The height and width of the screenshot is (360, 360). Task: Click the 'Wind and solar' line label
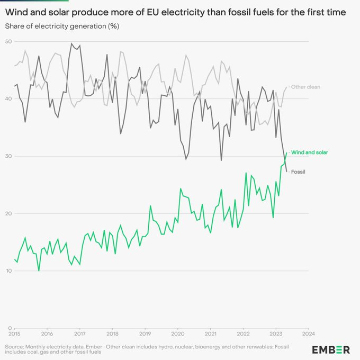310,152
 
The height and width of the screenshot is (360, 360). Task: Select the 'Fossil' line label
299,172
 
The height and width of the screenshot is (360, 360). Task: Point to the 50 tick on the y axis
9,41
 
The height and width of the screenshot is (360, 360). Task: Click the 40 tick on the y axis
9,98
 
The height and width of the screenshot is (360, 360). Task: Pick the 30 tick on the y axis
9,156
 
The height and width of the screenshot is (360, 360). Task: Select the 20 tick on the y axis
9,213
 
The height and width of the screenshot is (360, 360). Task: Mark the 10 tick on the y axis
9,271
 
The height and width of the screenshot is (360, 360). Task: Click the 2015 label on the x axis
14,334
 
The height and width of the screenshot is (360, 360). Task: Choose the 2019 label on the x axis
145,334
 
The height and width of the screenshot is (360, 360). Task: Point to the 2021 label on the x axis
211,334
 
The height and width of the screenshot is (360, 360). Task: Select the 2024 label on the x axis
309,334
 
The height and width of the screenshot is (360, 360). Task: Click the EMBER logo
330,349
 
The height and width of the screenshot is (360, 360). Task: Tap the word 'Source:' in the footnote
15,346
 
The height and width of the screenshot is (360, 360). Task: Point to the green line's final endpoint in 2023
287,153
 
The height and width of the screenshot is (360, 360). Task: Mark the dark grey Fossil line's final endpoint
287,171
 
